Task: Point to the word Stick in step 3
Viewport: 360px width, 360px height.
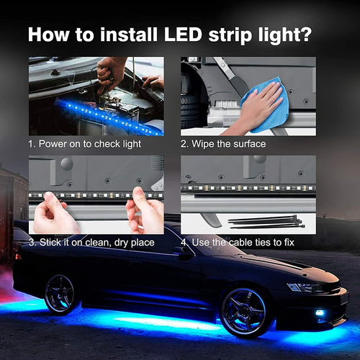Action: click(x=53, y=242)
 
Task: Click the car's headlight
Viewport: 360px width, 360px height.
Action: click(x=303, y=287)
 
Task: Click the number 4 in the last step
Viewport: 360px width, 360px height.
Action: click(x=184, y=242)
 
